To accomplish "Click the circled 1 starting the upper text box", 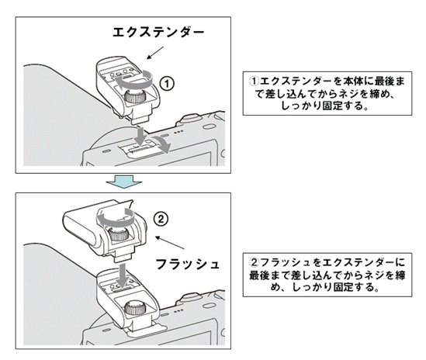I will (x=254, y=81).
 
